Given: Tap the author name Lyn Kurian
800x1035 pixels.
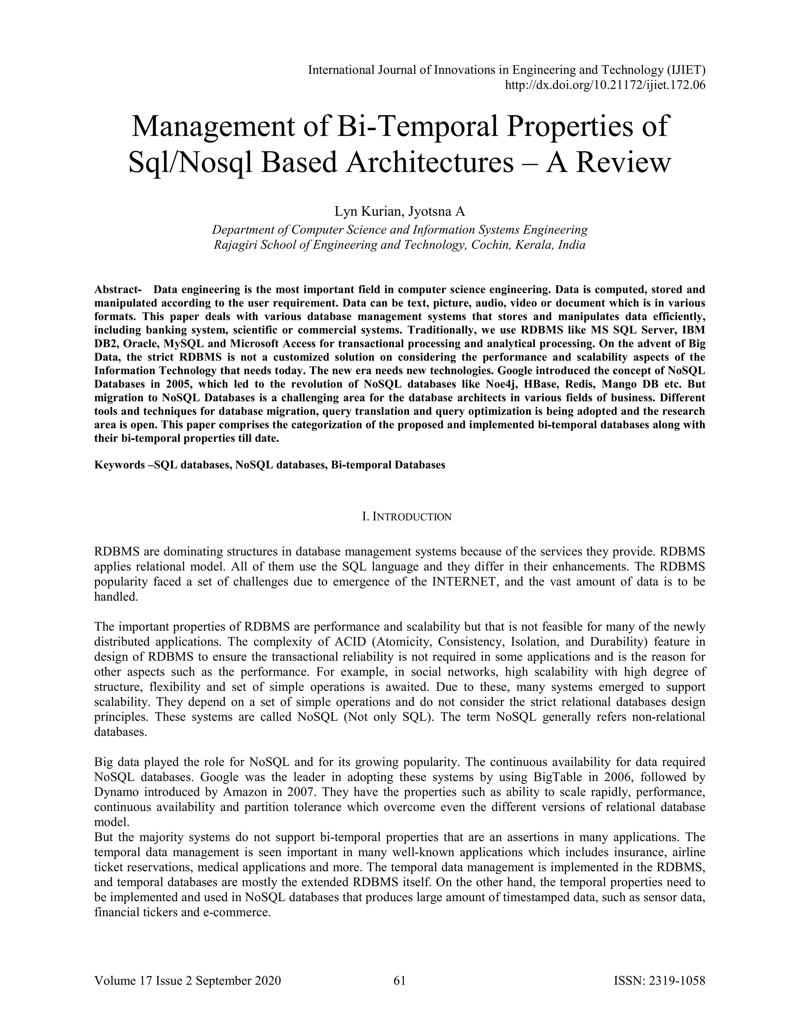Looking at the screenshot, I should coord(368,211).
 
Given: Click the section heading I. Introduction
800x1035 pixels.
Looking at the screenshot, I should coord(406,517).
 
